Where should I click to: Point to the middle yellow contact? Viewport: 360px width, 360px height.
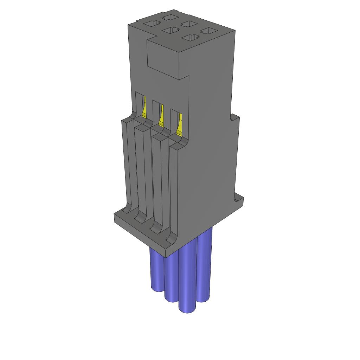click(161, 117)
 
